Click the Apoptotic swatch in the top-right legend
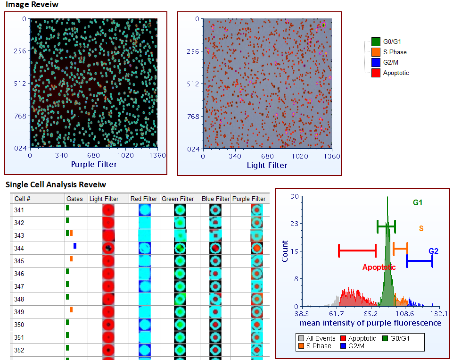pos(376,73)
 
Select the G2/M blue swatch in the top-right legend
pos(376,62)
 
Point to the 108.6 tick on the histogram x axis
pos(404,314)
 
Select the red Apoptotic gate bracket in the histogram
pos(357,251)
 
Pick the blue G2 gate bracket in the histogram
pos(419,260)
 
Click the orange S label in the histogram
pos(421,228)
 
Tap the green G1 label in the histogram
pos(418,202)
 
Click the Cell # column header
pos(22,199)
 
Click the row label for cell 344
pos(19,248)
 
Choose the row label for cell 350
pos(19,325)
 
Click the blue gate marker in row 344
pos(74,246)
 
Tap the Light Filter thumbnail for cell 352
pos(108,350)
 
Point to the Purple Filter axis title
pos(94,165)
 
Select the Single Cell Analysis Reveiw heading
pos(56,184)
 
